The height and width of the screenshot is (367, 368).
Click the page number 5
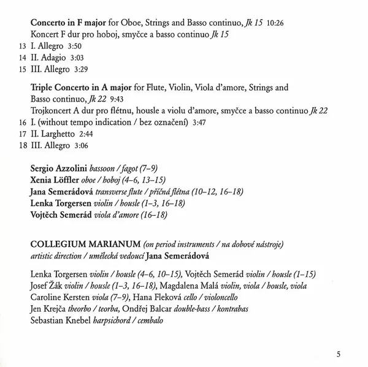339,352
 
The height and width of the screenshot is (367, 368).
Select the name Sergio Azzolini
58,168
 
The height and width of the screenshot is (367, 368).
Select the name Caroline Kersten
59,297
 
